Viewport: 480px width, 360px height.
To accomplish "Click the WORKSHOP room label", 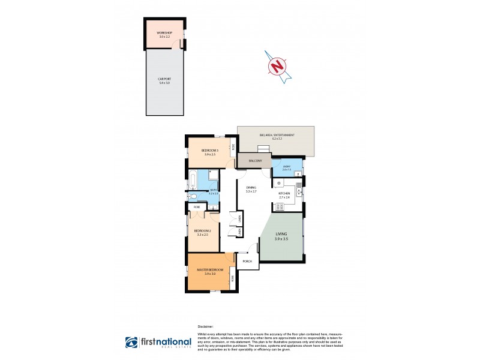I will tap(164, 32).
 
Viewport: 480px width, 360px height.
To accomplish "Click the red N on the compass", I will tap(277, 65).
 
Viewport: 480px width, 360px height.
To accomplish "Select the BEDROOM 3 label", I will tap(210, 150).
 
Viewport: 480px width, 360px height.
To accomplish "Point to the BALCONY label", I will tap(254, 161).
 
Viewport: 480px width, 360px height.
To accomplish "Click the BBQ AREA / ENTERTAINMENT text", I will tap(277, 136).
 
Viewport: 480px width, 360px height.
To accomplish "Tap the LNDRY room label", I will tap(286, 166).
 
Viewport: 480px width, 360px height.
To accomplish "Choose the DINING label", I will tap(251, 187).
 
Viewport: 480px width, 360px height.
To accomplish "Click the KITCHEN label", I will tap(284, 193).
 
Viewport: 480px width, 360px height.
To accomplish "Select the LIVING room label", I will tap(281, 233).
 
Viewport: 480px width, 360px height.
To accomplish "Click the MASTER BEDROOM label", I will tap(210, 270).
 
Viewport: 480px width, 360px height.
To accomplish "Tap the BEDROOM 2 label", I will tap(201, 230).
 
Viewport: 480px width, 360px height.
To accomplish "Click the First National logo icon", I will tap(131, 343).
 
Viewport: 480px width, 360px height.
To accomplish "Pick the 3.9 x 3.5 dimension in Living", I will tap(281, 239).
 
